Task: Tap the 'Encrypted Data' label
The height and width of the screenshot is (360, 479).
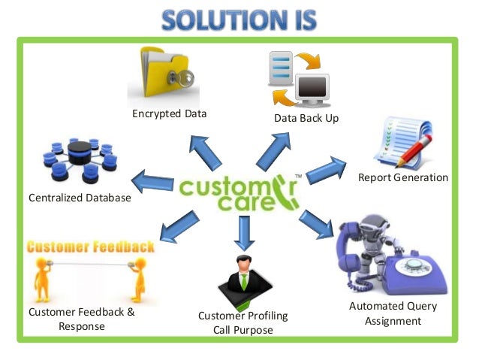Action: coord(170,113)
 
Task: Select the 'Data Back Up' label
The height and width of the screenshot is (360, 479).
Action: coord(306,118)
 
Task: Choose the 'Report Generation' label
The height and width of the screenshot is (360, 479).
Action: coord(403,178)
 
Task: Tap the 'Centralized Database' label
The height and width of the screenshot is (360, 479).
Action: coord(80,198)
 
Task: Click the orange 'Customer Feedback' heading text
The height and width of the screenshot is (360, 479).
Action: coord(90,247)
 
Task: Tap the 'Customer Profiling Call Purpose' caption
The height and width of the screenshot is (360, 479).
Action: coord(243,322)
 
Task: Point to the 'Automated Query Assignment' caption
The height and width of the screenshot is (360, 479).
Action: coord(393,313)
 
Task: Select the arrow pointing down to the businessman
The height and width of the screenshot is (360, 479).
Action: coord(242,231)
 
